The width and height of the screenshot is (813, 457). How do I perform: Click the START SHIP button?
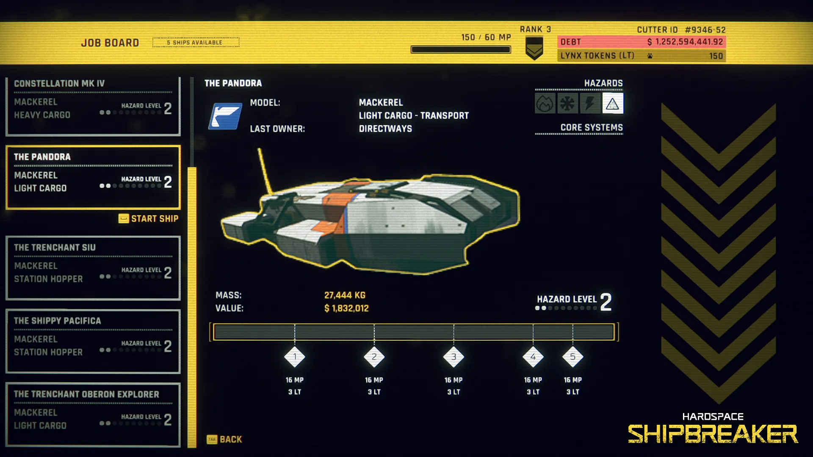[x=149, y=218]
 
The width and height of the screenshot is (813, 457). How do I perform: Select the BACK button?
[x=224, y=439]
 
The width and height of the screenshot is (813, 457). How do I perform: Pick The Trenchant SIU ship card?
[x=93, y=268]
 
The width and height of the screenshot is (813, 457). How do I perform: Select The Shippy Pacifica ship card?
[x=93, y=341]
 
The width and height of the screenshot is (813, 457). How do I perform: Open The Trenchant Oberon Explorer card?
[x=93, y=414]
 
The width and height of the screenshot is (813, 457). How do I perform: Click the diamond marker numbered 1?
[x=295, y=357]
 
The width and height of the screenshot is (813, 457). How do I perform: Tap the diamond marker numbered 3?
[x=454, y=357]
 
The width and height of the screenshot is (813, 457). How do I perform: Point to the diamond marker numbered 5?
[x=572, y=357]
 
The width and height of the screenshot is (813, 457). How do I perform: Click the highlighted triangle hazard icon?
[x=612, y=104]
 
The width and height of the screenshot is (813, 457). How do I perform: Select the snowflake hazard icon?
[x=567, y=104]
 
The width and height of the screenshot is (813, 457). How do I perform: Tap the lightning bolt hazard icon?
[x=590, y=104]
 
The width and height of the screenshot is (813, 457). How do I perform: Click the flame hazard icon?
[x=545, y=104]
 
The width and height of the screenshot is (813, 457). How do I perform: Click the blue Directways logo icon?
[x=225, y=116]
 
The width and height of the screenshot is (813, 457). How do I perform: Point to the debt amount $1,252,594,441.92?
[x=685, y=42]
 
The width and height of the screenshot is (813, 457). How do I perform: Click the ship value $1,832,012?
[x=346, y=308]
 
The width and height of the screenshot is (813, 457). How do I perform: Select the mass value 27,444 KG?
[x=345, y=295]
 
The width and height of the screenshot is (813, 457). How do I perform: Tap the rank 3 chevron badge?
[x=534, y=48]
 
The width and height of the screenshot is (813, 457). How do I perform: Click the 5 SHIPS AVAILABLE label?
[x=196, y=42]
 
